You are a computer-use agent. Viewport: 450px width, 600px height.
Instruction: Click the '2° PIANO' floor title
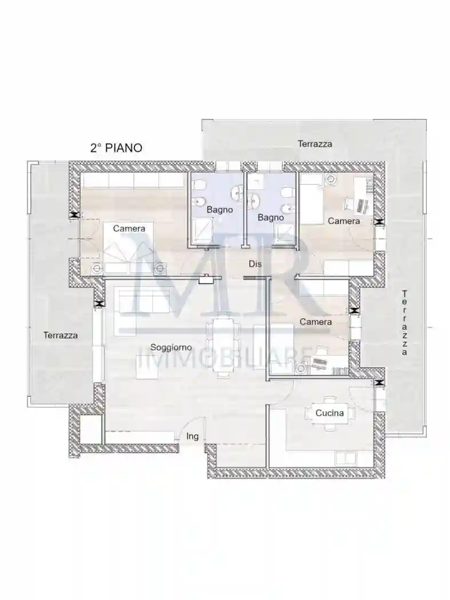pos(116,147)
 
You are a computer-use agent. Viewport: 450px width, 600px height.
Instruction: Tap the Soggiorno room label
pos(171,347)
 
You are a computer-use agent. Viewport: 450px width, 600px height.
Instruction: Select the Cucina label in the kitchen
pos(329,413)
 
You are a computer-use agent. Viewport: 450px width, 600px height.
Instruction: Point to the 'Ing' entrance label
pos(192,436)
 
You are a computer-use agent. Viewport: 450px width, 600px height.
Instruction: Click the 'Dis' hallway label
pos(255,263)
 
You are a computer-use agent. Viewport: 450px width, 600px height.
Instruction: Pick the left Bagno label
pos(220,210)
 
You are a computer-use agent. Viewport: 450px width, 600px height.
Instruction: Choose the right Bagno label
pos(271,218)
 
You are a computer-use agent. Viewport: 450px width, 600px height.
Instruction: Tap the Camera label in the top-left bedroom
pos(129,229)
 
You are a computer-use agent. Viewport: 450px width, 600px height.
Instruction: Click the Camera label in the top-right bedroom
pos(344,221)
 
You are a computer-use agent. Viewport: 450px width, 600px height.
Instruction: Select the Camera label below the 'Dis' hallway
pos(316,322)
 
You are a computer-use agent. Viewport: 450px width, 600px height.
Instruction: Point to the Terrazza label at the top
pos(315,144)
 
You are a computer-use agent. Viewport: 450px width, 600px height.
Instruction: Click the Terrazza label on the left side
pos(61,335)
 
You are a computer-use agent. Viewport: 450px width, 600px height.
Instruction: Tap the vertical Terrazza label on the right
pos(404,323)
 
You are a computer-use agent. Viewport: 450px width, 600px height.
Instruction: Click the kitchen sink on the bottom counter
pos(346,458)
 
